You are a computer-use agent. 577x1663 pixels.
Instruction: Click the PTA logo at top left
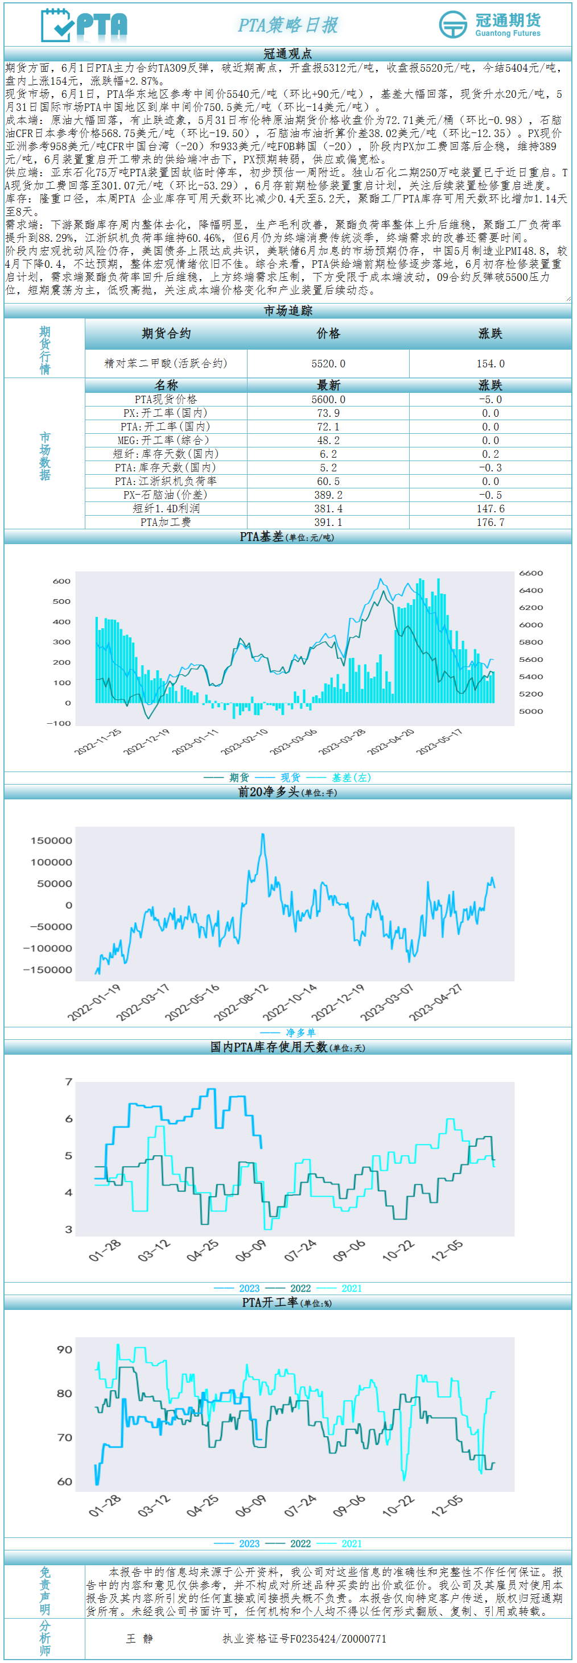click(x=84, y=26)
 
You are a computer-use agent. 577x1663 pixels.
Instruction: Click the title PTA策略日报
click(x=288, y=25)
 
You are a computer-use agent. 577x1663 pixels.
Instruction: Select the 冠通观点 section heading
click(x=288, y=53)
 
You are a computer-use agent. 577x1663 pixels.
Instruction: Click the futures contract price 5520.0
click(x=328, y=363)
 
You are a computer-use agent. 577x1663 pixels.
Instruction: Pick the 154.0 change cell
click(x=491, y=363)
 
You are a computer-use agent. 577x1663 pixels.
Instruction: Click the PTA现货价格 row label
click(x=166, y=400)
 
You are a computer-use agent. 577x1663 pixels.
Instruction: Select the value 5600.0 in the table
click(x=328, y=400)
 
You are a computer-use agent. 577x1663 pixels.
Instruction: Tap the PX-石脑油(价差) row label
click(x=166, y=495)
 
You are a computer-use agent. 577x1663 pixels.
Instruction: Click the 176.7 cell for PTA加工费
click(x=491, y=521)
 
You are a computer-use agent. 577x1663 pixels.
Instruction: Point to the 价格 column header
click(x=328, y=333)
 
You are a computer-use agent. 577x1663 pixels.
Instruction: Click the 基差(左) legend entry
click(x=352, y=777)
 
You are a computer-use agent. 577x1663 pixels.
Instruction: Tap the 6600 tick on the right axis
click(x=531, y=573)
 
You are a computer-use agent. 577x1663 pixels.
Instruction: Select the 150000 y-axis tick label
click(x=51, y=840)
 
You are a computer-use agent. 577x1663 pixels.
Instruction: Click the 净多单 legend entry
click(x=300, y=1032)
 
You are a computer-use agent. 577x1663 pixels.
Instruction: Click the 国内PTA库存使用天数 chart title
click(x=269, y=1047)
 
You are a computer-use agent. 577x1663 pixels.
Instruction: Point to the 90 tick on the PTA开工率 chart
click(x=65, y=1349)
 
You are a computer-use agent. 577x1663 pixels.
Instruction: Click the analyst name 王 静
click(x=139, y=1638)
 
